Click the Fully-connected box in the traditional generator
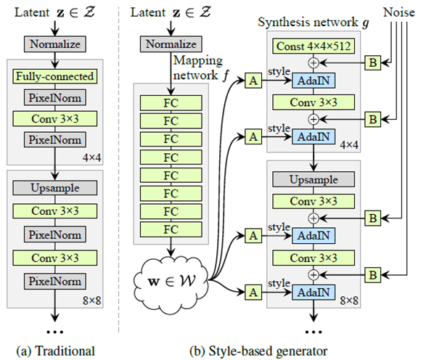coord(55,75)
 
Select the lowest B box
coord(372,275)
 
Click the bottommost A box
coord(253,292)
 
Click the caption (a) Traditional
coord(54,351)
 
